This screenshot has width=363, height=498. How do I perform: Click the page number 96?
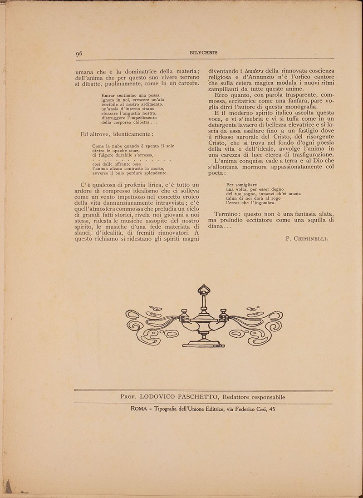pyautogui.click(x=79, y=53)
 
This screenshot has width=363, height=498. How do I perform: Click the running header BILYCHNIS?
pyautogui.click(x=203, y=53)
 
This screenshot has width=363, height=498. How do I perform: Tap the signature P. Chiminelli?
pyautogui.click(x=307, y=238)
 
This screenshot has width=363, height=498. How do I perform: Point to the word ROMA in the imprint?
pyautogui.click(x=138, y=409)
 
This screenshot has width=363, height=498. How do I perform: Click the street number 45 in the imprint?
pyautogui.click(x=271, y=409)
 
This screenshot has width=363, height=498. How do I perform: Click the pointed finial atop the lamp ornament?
pyautogui.click(x=204, y=289)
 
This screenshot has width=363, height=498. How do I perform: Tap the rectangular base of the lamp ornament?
pyautogui.click(x=204, y=345)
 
